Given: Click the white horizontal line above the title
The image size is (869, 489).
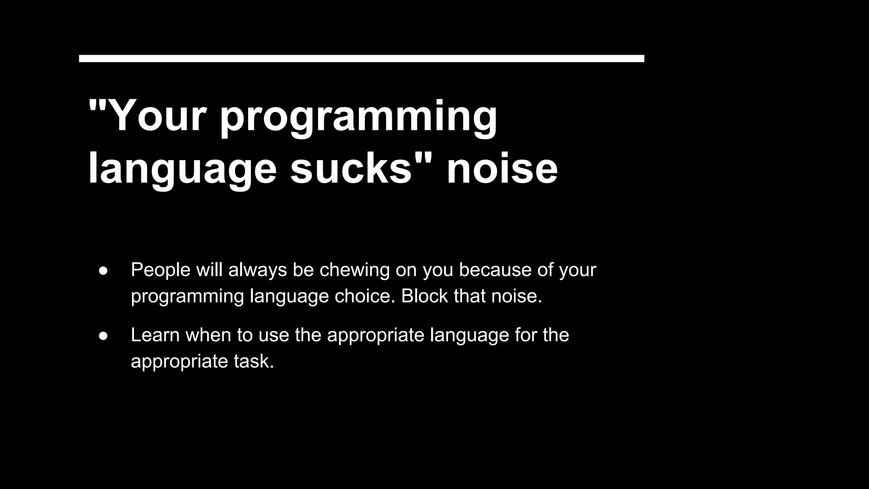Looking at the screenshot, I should (362, 59).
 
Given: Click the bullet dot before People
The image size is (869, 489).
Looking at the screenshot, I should (103, 270).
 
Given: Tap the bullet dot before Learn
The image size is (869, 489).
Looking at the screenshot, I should (103, 336).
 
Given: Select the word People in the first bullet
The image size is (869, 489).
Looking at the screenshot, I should (160, 270).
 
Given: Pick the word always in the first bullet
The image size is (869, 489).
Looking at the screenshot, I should (258, 270).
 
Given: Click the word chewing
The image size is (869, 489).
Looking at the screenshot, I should (354, 270).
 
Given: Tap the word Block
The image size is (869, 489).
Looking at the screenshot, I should (424, 296).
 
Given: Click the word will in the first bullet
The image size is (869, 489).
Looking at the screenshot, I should (209, 270).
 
